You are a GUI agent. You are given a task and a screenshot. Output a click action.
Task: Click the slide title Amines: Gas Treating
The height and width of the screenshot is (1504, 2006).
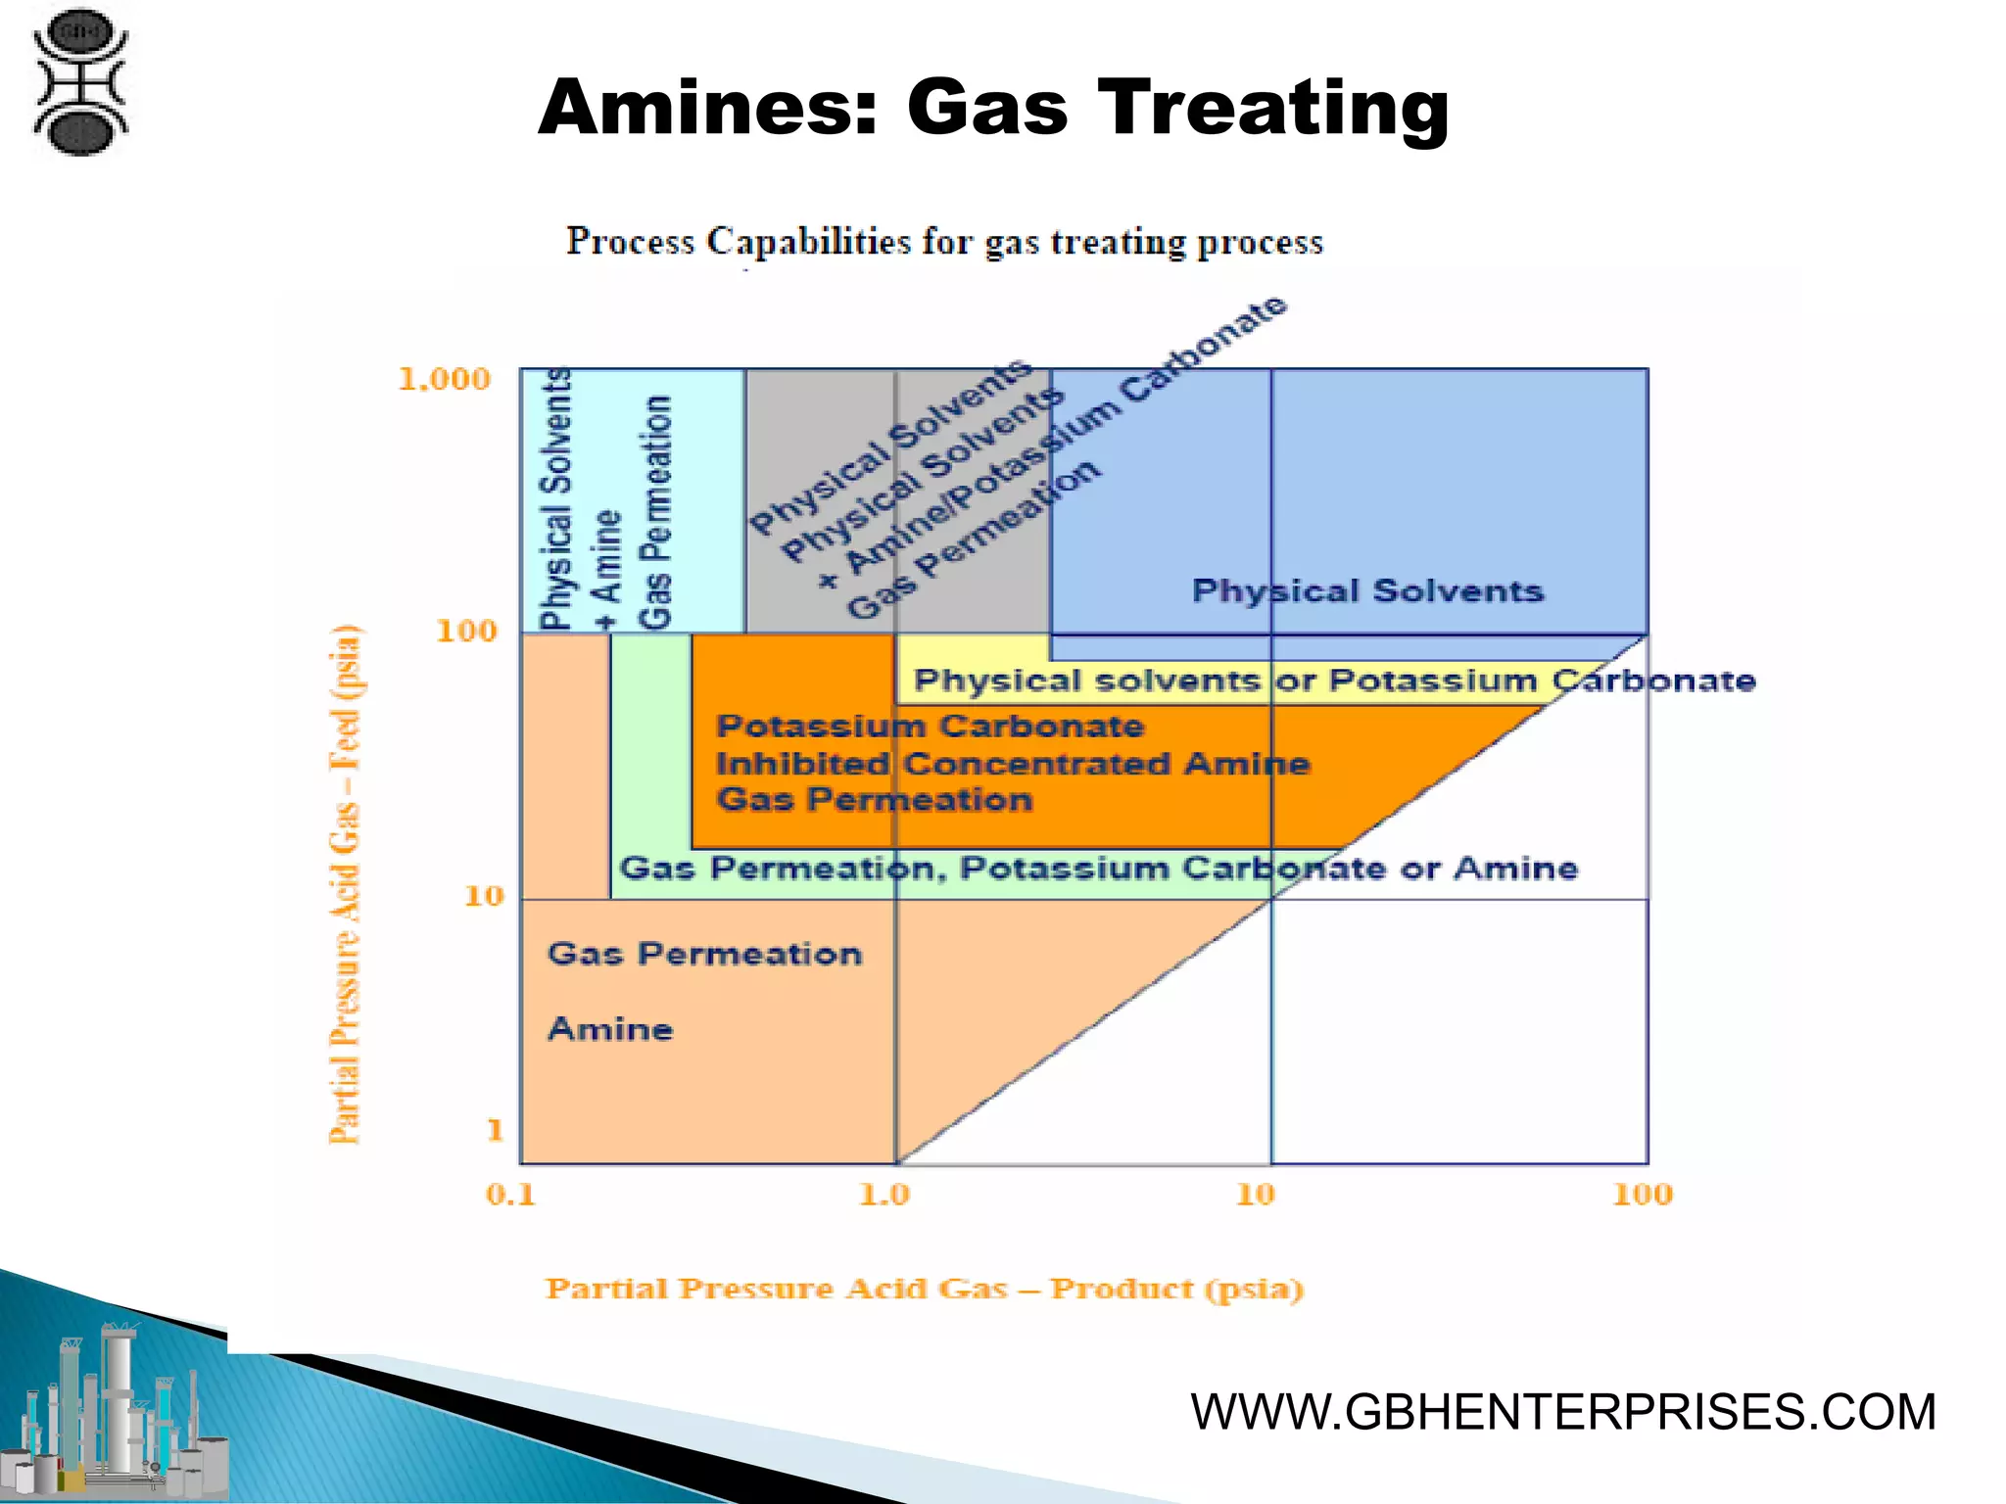coord(993,108)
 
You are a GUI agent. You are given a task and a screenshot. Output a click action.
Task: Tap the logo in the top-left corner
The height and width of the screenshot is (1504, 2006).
coord(80,82)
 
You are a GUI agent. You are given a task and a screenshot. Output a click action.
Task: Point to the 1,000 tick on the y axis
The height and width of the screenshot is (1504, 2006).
coord(444,379)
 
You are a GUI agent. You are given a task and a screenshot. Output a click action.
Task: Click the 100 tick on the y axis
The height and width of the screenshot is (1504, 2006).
coord(466,631)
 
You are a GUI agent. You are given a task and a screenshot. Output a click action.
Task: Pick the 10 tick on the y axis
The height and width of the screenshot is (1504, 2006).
coord(483,895)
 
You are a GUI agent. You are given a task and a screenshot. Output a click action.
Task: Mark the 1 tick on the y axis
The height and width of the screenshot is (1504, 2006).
coord(495,1130)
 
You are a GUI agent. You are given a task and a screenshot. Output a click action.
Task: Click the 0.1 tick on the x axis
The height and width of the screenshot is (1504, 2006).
coord(510,1195)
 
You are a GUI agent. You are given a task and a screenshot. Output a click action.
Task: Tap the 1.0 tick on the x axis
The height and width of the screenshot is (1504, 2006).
coord(884,1195)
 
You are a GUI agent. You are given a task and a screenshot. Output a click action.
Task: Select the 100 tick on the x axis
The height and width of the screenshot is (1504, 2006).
coord(1643,1195)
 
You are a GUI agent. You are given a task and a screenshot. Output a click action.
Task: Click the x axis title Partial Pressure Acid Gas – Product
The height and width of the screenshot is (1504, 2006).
coord(924,1289)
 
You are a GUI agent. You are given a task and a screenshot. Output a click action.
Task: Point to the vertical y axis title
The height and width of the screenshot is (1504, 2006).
coord(345,883)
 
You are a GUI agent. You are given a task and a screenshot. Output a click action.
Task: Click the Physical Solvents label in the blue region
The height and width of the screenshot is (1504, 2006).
coord(1367,591)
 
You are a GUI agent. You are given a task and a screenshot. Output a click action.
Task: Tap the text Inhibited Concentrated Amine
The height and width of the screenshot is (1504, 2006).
coord(1012,764)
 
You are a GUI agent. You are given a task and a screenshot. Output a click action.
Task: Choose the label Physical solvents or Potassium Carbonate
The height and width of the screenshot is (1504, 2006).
coord(1334,681)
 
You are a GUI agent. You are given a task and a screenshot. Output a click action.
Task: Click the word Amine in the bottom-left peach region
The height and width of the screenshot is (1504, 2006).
coord(610,1029)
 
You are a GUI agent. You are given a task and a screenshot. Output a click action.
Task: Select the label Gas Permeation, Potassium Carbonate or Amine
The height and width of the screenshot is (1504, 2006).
coord(1098,869)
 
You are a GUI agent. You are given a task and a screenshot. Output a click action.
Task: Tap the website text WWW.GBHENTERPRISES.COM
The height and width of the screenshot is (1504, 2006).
coord(1563,1412)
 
